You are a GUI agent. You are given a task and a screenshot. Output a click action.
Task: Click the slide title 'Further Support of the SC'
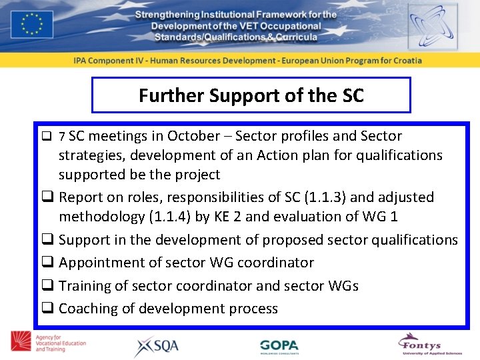tap(251, 95)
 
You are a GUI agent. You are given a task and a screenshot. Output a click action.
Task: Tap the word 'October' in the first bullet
tap(193, 136)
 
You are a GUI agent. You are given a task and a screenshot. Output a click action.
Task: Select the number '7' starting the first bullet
tap(62, 137)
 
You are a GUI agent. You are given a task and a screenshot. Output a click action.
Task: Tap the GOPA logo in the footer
tap(279, 346)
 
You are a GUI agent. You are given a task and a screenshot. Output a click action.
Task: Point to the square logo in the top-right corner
tap(433, 26)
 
